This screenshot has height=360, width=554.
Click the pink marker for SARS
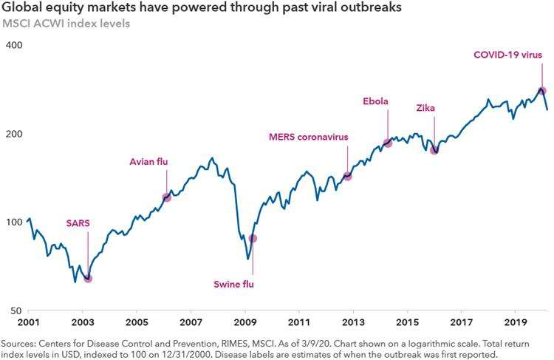[88, 279]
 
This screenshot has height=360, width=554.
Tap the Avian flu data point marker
[167, 197]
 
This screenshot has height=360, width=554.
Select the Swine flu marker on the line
[253, 238]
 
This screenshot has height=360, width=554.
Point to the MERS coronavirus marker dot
[348, 176]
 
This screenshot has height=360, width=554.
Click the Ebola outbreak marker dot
[388, 143]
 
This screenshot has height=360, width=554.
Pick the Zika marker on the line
[435, 150]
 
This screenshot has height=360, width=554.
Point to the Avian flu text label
[148, 161]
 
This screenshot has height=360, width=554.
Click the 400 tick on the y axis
[15, 46]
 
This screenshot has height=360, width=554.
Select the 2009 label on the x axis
[244, 323]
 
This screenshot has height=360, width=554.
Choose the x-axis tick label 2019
[515, 323]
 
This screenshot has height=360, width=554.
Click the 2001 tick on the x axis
[27, 323]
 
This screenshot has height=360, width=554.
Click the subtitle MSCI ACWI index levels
[66, 23]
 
